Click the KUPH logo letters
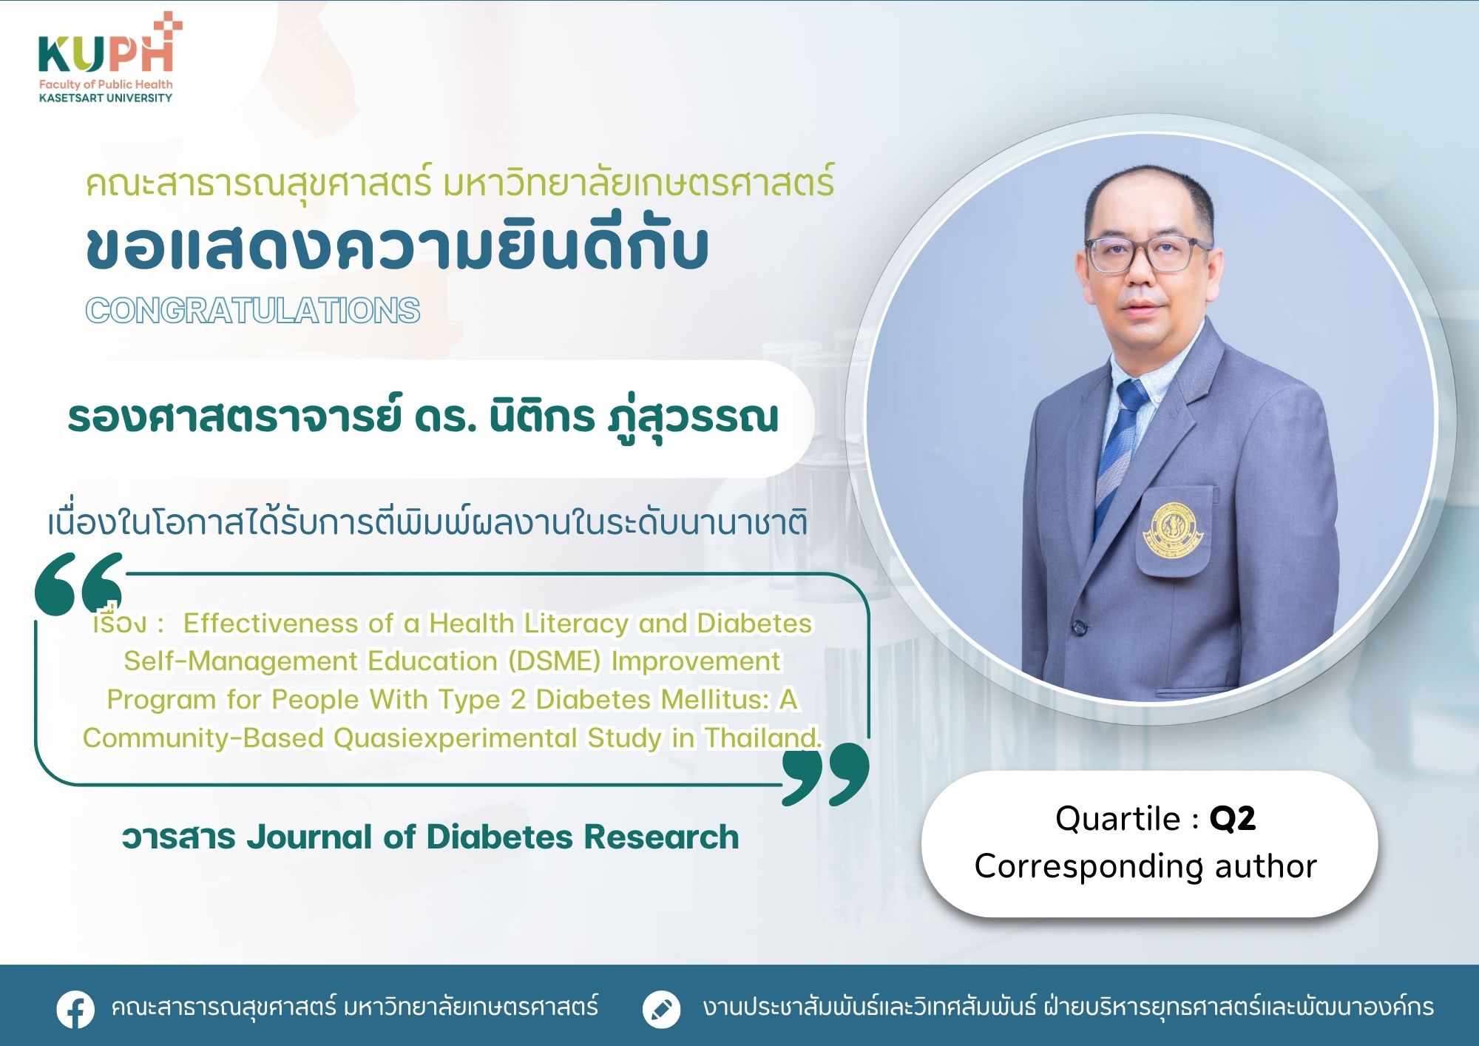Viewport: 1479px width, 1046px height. pyautogui.click(x=105, y=53)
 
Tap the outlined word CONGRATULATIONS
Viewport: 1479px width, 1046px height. pyautogui.click(x=253, y=311)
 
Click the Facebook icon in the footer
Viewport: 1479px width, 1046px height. pyautogui.click(x=75, y=1009)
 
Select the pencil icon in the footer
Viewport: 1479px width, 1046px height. pyautogui.click(x=661, y=1009)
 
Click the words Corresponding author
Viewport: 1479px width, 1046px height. pyautogui.click(x=1145, y=866)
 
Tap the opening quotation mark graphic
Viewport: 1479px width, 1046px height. pyautogui.click(x=78, y=584)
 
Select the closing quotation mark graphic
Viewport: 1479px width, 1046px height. pyautogui.click(x=825, y=775)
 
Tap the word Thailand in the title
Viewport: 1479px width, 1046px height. pyautogui.click(x=762, y=738)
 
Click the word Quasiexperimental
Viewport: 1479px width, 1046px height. pyautogui.click(x=456, y=738)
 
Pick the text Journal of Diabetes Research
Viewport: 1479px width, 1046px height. pyautogui.click(x=493, y=837)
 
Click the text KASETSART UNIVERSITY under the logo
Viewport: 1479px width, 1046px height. pyautogui.click(x=106, y=98)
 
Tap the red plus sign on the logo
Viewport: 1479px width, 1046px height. pyautogui.click(x=169, y=25)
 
